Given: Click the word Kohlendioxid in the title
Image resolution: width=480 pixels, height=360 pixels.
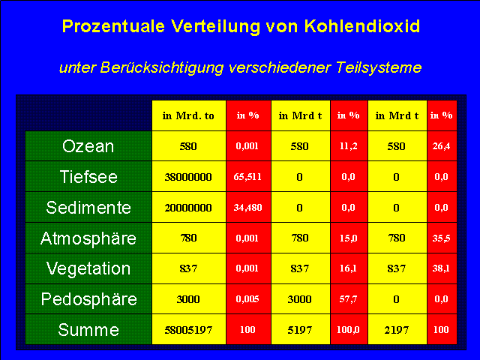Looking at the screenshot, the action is click(362, 26).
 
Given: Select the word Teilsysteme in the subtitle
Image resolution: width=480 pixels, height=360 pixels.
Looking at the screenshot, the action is click(379, 67).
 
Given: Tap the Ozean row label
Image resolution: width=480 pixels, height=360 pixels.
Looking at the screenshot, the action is click(88, 146).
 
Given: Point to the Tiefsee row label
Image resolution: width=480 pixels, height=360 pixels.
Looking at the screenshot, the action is click(88, 177).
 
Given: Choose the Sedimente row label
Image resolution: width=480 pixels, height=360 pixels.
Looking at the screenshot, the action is click(88, 207).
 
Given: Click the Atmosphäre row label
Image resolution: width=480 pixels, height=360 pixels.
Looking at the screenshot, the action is click(88, 238).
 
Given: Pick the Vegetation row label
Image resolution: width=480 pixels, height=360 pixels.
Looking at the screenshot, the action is click(88, 268).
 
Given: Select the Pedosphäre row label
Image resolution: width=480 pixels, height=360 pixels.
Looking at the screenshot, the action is click(88, 299).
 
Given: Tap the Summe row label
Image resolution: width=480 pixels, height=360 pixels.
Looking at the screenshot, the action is click(88, 330).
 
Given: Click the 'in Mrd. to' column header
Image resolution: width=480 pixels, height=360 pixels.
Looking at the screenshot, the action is click(188, 115).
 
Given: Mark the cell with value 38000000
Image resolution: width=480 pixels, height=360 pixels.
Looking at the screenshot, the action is click(188, 177).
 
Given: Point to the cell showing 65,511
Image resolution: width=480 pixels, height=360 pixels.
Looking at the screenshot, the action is click(247, 177).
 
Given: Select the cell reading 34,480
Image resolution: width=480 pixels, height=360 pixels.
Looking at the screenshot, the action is click(247, 208).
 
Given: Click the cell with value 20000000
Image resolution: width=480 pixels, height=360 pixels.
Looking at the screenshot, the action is click(188, 208).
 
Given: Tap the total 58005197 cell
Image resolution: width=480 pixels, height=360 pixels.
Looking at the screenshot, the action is click(188, 330).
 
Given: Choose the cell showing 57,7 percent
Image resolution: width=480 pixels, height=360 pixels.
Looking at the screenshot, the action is click(348, 299).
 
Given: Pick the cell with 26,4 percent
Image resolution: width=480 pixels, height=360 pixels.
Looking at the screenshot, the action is click(442, 146).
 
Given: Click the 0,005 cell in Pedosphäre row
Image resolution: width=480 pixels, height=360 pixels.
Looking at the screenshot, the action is click(247, 299).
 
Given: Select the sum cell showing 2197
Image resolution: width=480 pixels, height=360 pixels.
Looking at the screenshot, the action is click(397, 330).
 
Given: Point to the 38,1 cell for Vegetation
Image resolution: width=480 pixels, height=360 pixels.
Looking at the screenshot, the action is click(442, 268).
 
